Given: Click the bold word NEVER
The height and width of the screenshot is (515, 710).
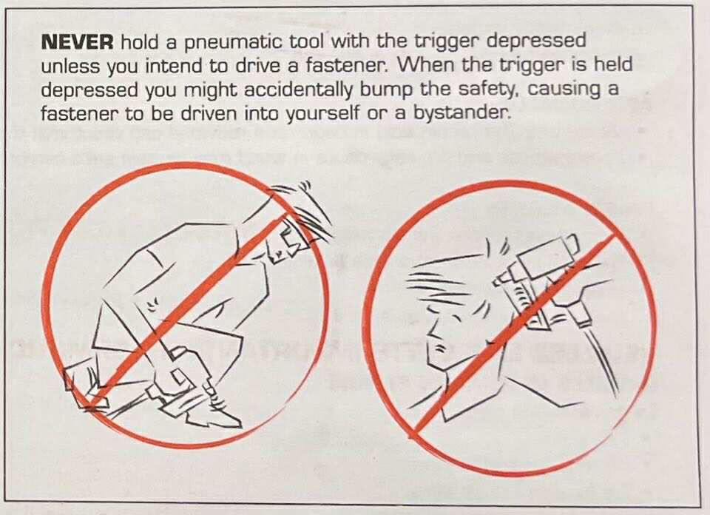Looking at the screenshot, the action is pos(77,42).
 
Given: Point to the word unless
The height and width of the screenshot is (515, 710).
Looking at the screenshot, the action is pos(70,67).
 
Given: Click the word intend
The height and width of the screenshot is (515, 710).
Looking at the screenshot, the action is pos(174,67).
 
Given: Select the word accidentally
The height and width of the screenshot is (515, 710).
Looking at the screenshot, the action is pos(298,90).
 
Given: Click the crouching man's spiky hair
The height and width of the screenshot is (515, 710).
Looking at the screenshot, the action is pos(303,209).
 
